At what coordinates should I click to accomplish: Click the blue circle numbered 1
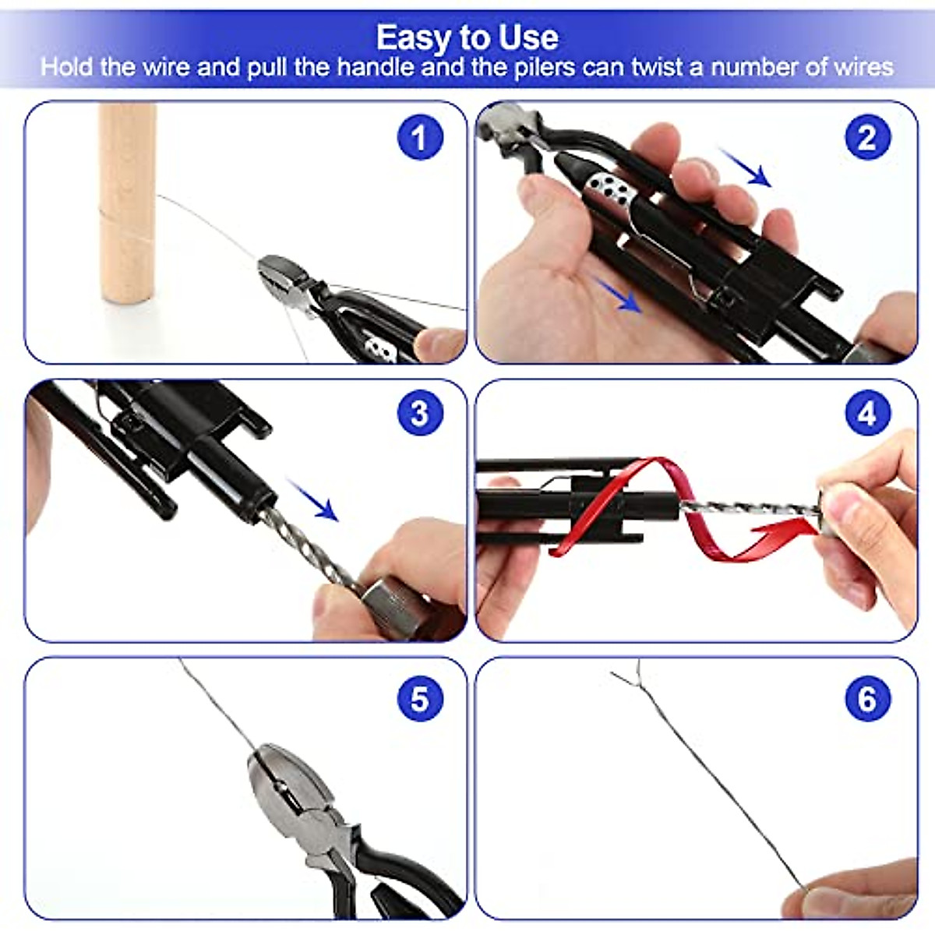(x=420, y=138)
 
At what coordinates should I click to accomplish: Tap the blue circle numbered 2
(x=867, y=138)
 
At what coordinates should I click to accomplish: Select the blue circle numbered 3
(x=420, y=413)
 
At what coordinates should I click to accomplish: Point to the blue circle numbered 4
(x=867, y=413)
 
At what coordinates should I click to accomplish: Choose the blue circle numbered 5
(x=420, y=698)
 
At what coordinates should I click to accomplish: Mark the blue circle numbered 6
(x=867, y=698)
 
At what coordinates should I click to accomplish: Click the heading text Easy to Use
(x=467, y=37)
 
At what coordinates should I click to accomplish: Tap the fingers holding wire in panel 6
(x=857, y=896)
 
